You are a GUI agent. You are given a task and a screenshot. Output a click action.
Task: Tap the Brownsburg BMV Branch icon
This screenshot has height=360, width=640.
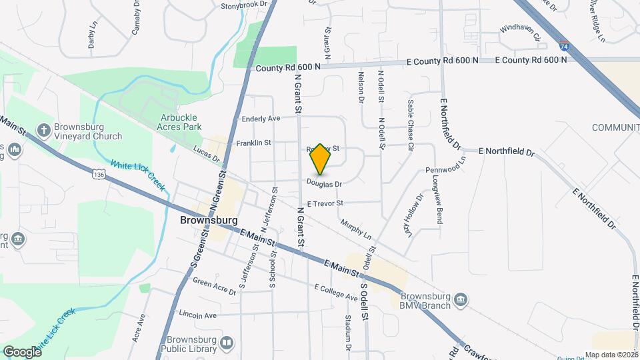461,301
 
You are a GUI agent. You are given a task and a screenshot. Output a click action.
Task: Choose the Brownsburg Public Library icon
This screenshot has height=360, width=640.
227,343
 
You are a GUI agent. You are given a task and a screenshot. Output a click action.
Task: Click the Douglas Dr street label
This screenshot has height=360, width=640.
325,183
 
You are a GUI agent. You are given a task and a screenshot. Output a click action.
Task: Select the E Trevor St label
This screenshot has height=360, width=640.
325,203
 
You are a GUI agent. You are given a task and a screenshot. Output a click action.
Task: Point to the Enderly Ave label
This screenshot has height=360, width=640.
261,119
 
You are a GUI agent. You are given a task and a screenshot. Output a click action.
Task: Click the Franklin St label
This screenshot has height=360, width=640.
253,143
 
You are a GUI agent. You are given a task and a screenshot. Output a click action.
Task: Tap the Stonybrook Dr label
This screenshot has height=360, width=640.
243,5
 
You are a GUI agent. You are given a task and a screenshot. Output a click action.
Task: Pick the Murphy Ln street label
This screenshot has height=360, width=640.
355,230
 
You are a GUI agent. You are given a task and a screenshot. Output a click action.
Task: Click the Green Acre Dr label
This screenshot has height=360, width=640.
215,286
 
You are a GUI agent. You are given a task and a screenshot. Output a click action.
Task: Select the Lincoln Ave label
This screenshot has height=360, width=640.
198,315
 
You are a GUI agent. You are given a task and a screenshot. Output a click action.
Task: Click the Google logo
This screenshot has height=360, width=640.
22,351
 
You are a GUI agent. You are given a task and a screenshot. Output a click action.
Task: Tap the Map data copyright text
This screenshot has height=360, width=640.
611,355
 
